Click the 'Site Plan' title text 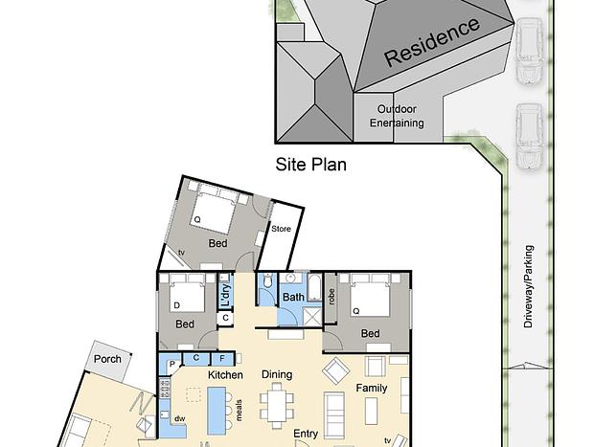coord(311,165)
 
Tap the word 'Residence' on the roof coord(432,41)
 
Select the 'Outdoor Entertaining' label coord(397,116)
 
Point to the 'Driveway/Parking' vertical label coord(529,286)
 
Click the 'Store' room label coord(281,229)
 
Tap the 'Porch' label coord(107,359)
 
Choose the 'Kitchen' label coord(225,374)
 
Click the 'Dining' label coord(277,374)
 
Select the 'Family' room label coord(372,388)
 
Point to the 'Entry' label coord(306,434)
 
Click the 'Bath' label coord(293,297)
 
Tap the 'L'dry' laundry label coord(225,295)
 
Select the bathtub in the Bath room coord(314,288)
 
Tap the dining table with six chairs coord(277,406)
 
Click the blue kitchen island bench coord(217,411)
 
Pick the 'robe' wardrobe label coord(332,297)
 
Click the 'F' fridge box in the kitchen coord(222,358)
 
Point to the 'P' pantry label coord(172,364)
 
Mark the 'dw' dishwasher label coord(180,418)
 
